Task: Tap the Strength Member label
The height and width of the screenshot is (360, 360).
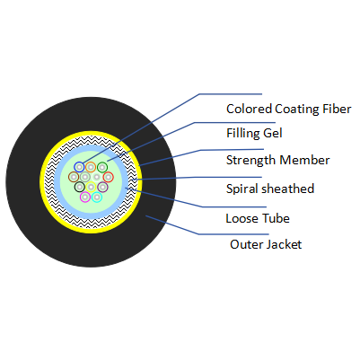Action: coord(278,160)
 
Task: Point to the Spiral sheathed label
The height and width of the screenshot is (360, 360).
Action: coord(270,189)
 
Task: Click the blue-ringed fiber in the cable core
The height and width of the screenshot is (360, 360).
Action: coord(80,167)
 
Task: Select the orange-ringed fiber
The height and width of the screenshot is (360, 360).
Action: coord(91,167)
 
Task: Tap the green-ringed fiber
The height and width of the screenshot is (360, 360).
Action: coord(102,167)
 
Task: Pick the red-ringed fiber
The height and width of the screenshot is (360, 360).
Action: coord(108,177)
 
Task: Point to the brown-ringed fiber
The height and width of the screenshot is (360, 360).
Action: coord(74,177)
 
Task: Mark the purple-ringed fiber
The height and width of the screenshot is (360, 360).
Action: coord(102,188)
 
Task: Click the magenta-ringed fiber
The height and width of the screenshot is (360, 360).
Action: coord(85,197)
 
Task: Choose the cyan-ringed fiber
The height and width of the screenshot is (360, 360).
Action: coord(97,197)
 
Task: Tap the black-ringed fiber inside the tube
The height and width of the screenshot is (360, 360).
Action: coord(80,188)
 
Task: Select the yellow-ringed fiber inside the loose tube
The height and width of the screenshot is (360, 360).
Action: coord(91,187)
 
